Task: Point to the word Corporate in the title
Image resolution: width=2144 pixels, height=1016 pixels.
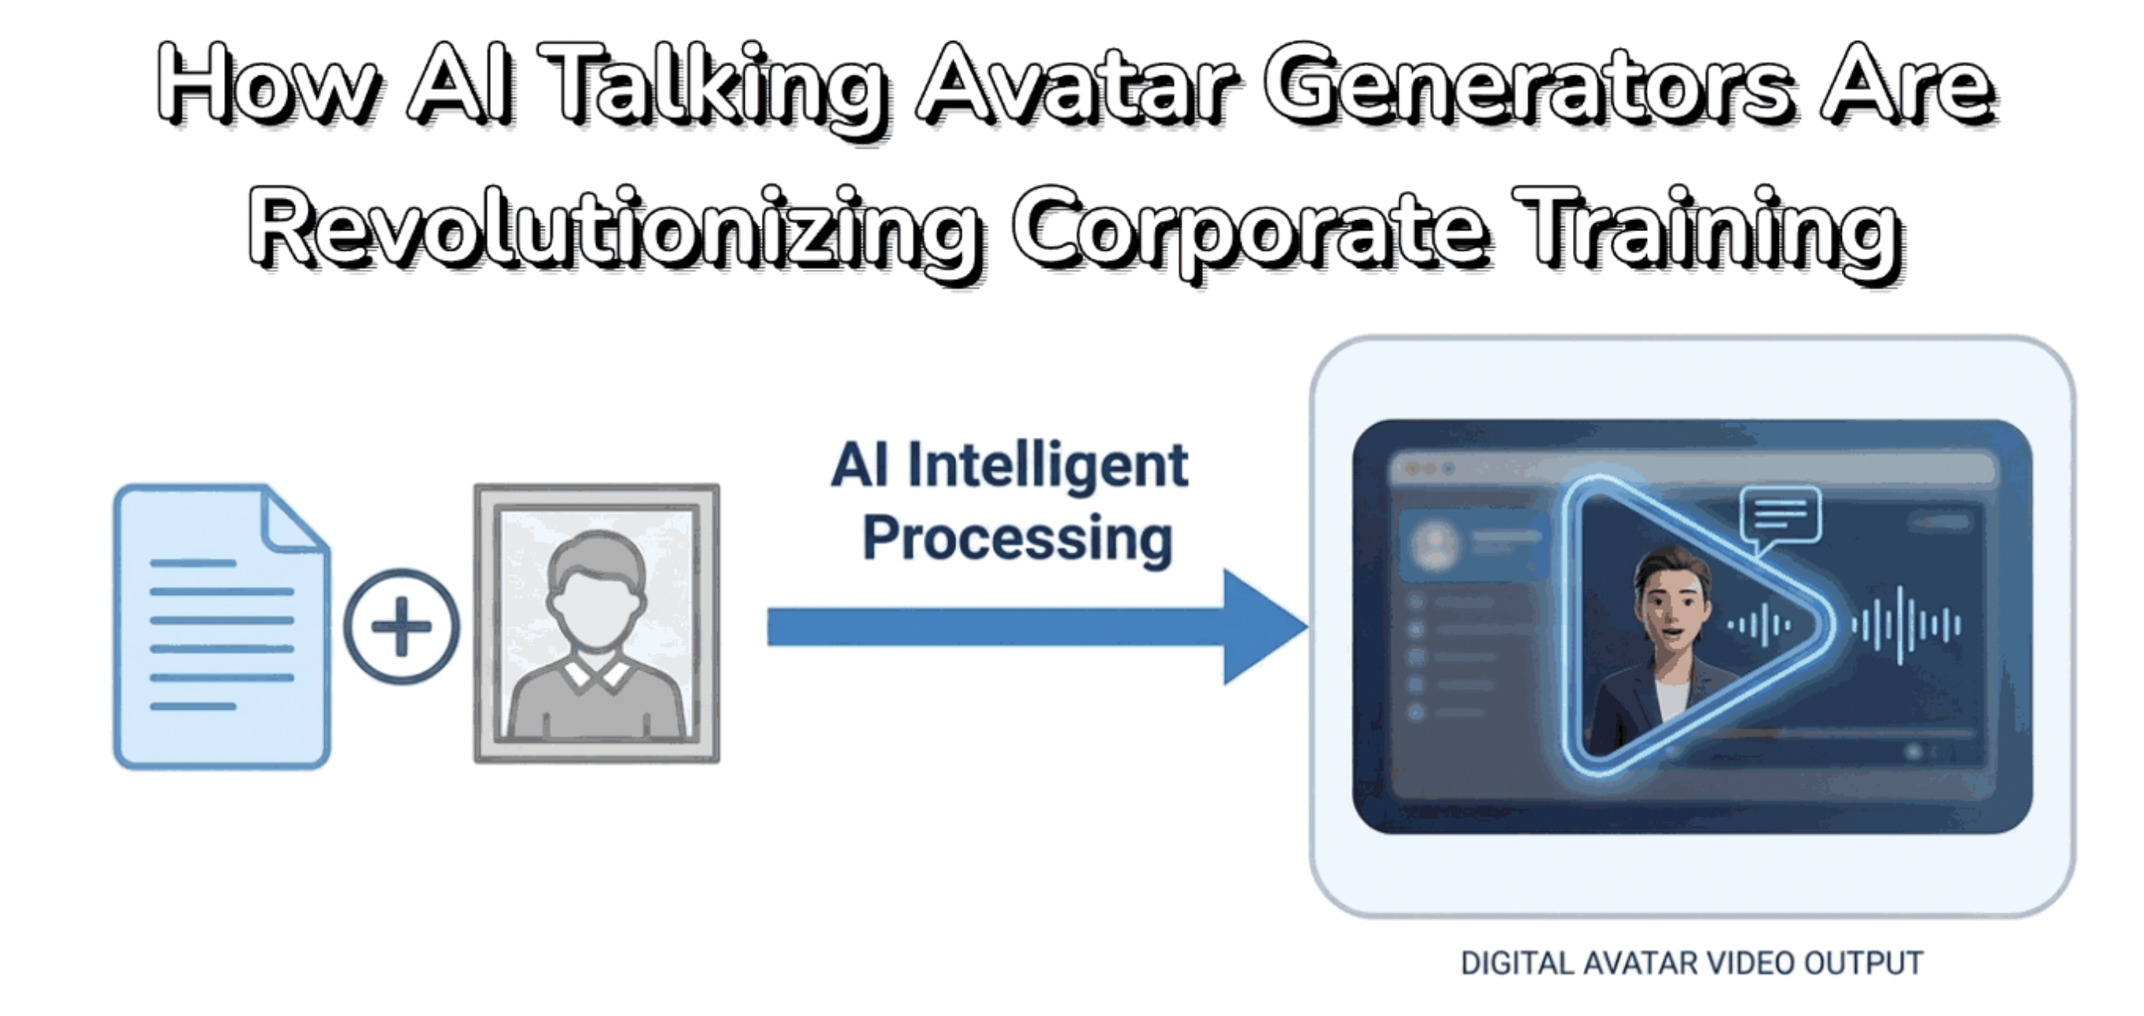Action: point(1248,229)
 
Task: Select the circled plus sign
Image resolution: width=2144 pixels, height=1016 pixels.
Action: point(402,626)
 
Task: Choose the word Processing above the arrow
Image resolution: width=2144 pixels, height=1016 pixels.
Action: point(1017,539)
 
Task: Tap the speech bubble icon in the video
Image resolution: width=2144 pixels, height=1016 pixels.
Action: point(1780,517)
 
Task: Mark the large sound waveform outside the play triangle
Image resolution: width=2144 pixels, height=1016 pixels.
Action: point(1905,625)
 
